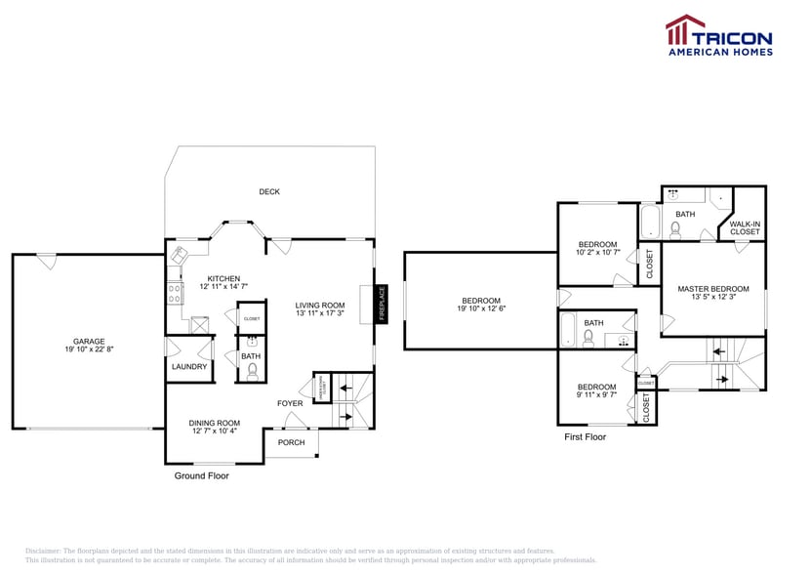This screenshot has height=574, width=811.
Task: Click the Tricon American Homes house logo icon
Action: click(684, 30)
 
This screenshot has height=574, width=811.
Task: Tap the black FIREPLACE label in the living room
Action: click(383, 304)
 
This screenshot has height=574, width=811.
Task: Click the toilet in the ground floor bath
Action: click(252, 370)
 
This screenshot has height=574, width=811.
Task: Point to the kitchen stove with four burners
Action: click(174, 290)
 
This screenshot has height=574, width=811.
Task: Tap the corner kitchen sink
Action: click(181, 256)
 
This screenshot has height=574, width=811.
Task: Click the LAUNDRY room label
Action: click(189, 367)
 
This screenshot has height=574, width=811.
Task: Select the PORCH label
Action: click(291, 442)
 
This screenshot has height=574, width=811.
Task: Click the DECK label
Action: click(269, 191)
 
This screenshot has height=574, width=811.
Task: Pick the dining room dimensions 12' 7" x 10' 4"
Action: click(214, 430)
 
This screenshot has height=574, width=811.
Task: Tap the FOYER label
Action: click(290, 403)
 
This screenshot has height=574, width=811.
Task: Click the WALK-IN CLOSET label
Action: click(745, 228)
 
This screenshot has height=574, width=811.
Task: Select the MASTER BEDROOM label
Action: click(713, 289)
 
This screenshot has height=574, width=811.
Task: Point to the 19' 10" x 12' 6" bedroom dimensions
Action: click(481, 308)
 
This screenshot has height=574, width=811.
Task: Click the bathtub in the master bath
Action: click(649, 222)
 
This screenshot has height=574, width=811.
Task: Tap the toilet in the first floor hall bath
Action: click(588, 338)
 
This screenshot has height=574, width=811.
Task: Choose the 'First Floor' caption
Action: click(586, 437)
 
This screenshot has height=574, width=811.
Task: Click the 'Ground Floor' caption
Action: click(202, 476)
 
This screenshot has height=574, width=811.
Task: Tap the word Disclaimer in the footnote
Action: click(43, 552)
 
